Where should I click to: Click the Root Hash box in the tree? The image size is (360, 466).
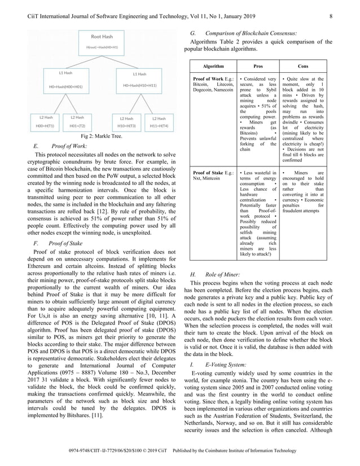coord(102,42)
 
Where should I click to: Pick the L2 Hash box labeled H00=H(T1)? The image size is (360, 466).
coord(45,122)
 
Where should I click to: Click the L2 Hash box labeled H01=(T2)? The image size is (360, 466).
coord(77,122)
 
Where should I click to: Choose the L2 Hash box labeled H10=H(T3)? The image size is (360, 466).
coord(126,122)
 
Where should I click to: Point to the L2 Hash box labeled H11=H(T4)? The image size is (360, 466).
coord(159,122)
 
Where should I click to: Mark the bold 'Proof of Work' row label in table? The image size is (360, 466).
coord(208,79)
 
